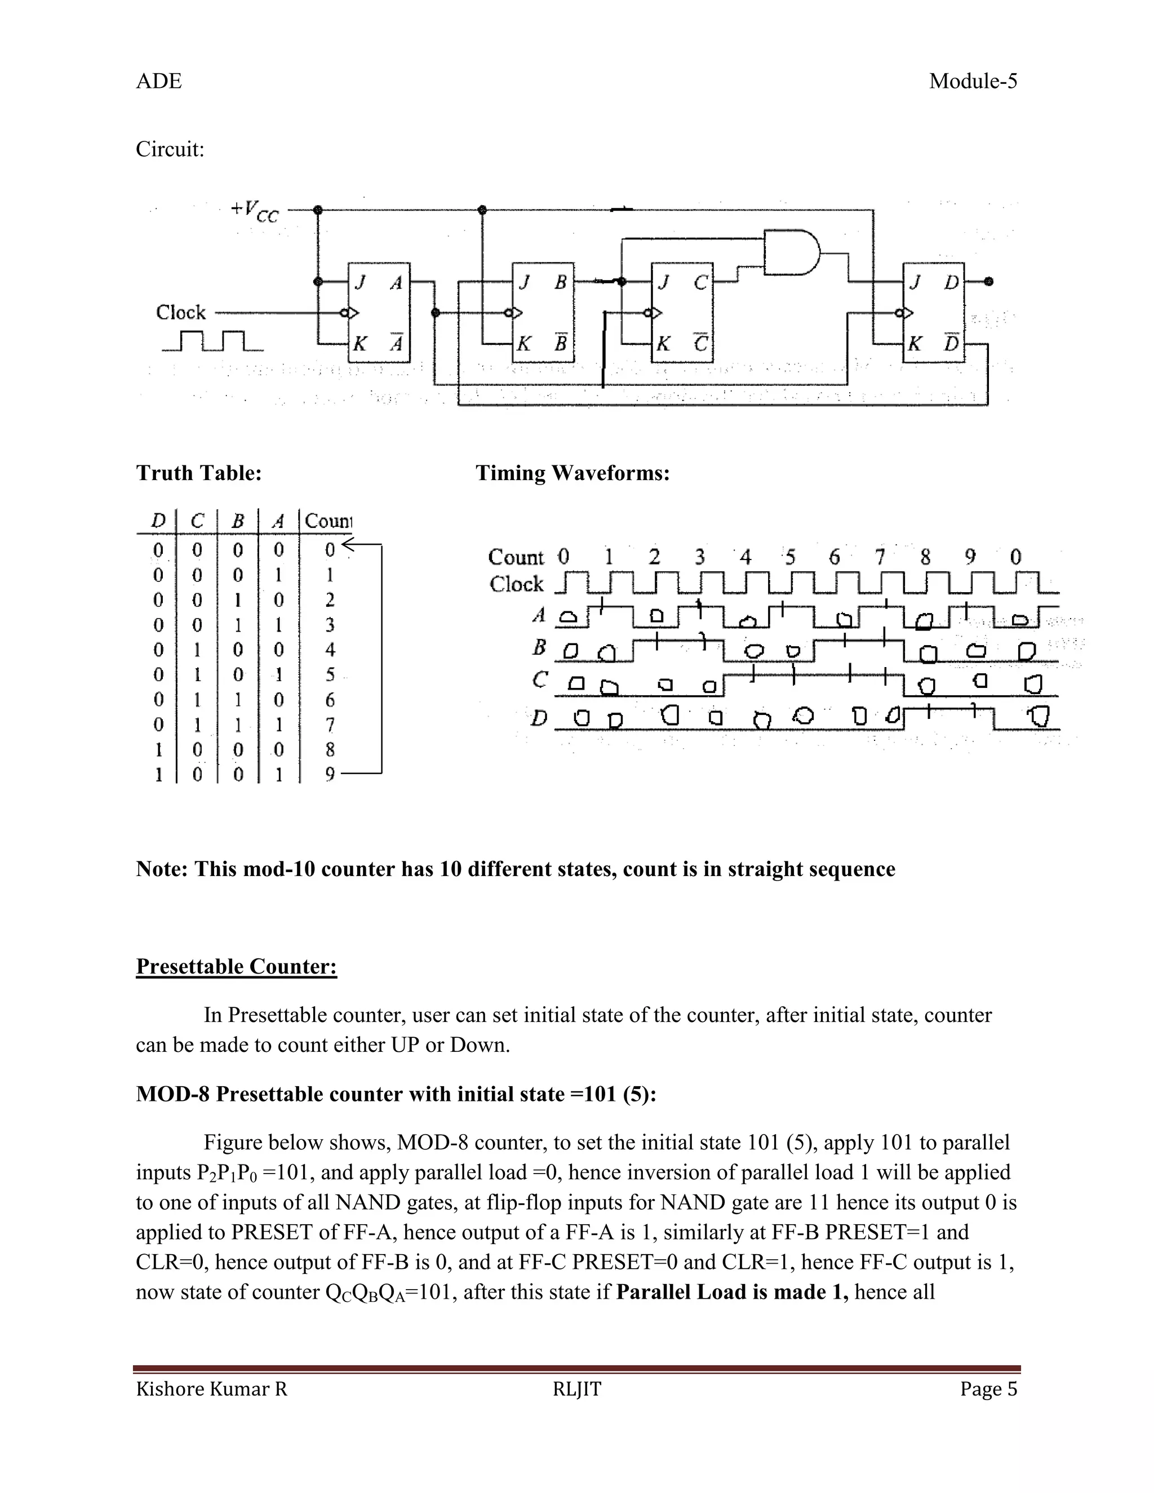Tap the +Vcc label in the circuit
254,211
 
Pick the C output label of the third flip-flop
700,282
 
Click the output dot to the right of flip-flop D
988,282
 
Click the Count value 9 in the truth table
330,775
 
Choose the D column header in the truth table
158,521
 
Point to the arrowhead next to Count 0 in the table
347,544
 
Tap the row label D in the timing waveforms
539,718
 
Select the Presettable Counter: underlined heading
237,966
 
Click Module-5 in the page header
973,81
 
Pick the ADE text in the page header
158,81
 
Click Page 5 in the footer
988,1389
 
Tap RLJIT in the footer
577,1389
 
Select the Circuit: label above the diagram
170,149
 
